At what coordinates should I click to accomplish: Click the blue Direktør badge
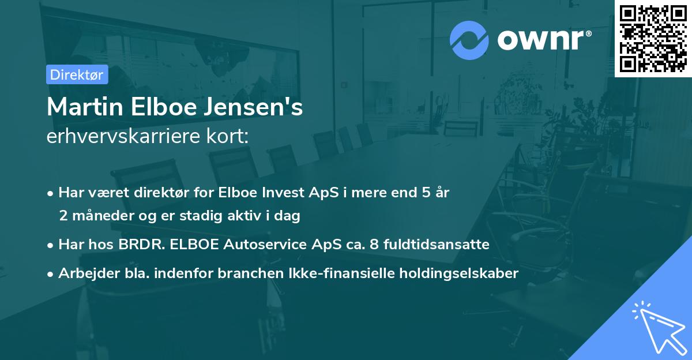tap(77, 74)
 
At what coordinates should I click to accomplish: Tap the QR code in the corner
tap(653, 38)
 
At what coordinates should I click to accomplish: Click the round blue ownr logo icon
tap(469, 40)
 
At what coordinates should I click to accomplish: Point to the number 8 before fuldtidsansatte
tap(373, 245)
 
